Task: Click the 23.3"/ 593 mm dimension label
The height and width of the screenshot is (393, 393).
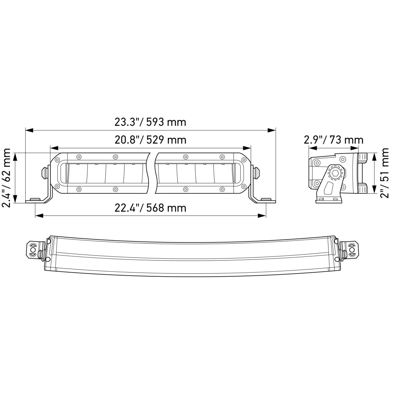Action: pos(150,122)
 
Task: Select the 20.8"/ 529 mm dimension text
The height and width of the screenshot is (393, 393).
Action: pos(150,140)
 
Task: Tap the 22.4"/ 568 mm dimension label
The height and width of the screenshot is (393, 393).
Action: pos(150,208)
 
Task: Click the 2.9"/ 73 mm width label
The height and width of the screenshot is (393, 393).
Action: pos(334,140)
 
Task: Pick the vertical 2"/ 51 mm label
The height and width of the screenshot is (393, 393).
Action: pos(384,173)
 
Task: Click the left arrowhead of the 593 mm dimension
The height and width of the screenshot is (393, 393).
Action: pos(29,130)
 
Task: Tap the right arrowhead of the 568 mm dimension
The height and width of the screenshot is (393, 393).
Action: pos(262,216)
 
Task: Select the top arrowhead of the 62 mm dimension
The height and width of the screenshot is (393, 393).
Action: pos(15,157)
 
